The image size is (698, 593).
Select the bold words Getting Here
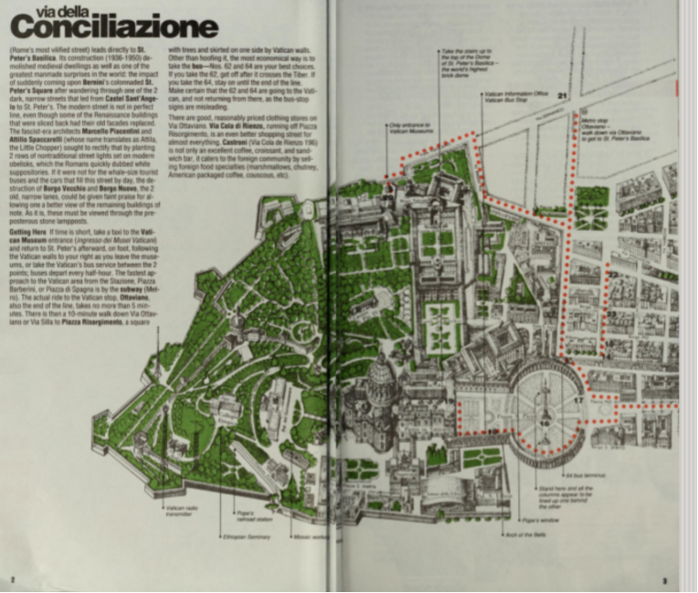30,233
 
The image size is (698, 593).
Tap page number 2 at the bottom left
12,579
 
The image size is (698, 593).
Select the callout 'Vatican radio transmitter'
178,509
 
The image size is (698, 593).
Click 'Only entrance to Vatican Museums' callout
407,128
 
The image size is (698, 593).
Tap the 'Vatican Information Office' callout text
517,96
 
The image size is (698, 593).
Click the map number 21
563,94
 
